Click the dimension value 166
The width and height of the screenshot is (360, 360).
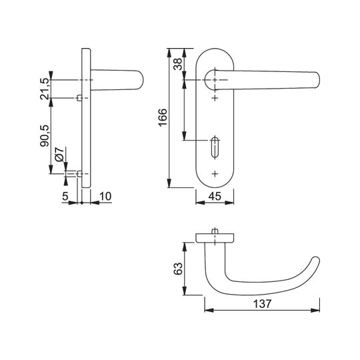(163, 117)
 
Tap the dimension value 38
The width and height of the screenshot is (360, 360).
(178, 64)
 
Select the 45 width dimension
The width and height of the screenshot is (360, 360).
(215, 196)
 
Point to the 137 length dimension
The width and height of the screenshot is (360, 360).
(262, 304)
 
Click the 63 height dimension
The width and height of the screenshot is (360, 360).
(178, 269)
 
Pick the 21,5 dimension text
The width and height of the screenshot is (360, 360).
(45, 89)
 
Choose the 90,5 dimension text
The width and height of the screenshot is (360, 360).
(45, 136)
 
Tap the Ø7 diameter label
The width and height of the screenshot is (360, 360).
(59, 154)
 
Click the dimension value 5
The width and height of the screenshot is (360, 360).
(65, 196)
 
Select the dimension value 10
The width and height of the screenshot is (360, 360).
(105, 196)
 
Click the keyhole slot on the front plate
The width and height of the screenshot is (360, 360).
(215, 147)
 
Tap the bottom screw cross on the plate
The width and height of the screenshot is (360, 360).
(215, 173)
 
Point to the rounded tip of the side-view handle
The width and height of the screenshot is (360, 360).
(141, 80)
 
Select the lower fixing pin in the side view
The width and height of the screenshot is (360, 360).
(79, 174)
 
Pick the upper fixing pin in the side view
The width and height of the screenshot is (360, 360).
(79, 98)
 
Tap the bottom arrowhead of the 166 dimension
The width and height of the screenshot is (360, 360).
(169, 183)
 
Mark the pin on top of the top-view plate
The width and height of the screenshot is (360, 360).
(215, 231)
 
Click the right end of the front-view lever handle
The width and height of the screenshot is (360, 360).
(317, 80)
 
